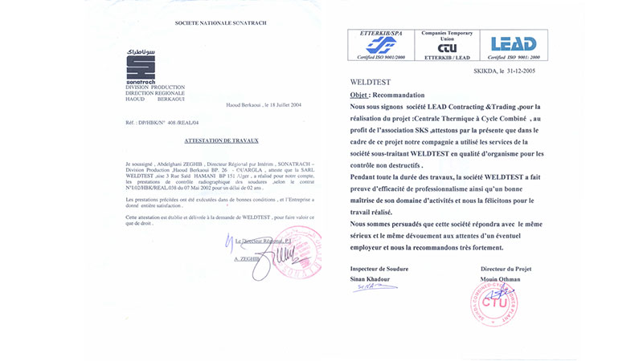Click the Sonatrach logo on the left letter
(143, 65)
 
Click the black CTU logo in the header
(448, 49)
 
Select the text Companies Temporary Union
(448, 35)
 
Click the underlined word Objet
(359, 94)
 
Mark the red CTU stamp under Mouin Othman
(494, 304)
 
